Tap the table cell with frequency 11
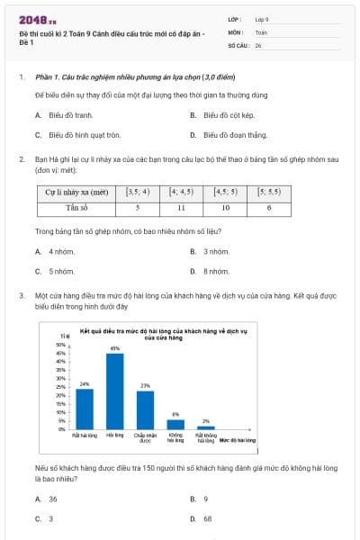(x=181, y=207)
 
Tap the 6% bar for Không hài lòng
(x=176, y=424)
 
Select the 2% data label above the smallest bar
(x=206, y=420)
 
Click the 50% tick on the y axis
(x=62, y=345)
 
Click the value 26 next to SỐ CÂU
(x=258, y=44)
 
